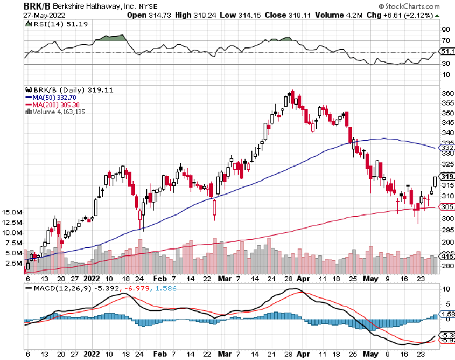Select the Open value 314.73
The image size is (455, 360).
pos(158,15)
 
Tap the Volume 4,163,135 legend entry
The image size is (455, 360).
pos(59,112)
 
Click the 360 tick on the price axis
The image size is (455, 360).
pos(447,93)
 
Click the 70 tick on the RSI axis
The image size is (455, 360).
pos(445,40)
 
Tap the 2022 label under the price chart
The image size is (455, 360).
pos(92,279)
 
